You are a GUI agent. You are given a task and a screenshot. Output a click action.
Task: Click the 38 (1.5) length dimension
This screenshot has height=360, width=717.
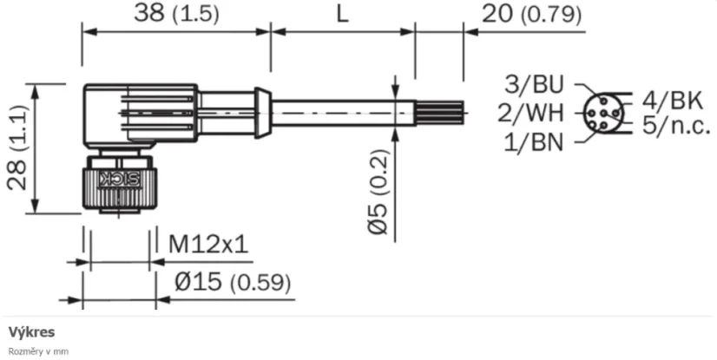(176, 14)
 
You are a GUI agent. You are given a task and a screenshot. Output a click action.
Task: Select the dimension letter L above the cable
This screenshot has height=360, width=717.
(342, 14)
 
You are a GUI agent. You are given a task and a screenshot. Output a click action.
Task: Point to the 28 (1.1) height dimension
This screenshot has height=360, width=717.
(18, 148)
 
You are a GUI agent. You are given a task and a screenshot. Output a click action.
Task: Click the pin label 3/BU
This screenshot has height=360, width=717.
(534, 84)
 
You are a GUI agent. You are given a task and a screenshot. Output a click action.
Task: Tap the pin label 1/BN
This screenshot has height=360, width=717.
(534, 141)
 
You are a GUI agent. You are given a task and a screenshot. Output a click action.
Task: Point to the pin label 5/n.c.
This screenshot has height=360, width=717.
(677, 125)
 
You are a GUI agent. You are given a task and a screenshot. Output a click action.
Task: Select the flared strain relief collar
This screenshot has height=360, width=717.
(260, 111)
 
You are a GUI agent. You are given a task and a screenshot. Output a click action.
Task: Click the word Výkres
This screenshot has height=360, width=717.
(32, 332)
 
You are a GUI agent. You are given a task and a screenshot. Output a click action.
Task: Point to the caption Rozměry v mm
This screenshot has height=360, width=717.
(38, 351)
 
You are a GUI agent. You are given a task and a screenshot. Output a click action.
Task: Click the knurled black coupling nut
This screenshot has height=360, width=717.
(120, 185)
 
